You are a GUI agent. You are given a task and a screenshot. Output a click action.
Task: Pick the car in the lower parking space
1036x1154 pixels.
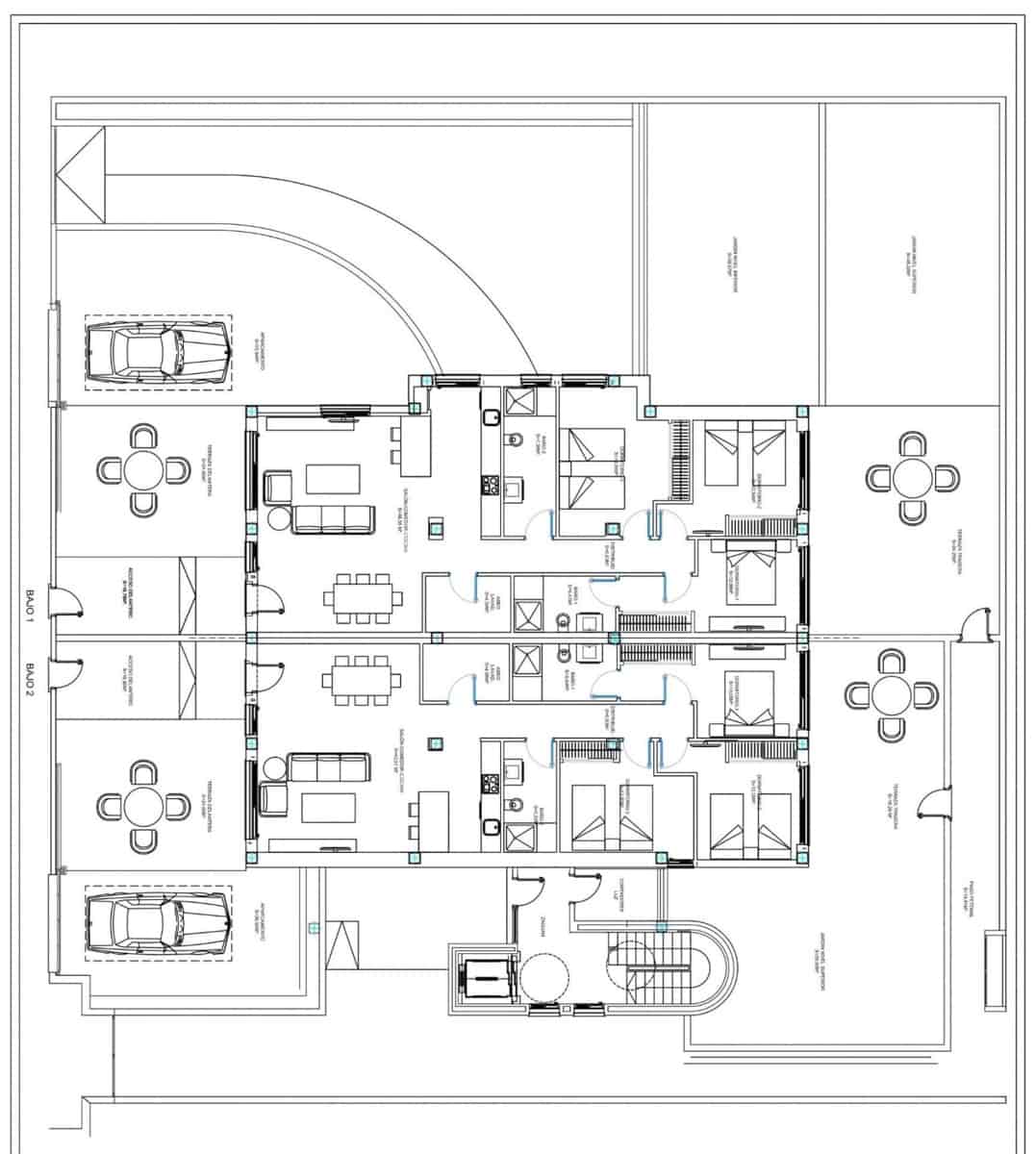tap(157, 924)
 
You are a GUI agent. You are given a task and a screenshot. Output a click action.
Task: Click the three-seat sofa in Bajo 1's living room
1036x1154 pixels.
tap(333, 517)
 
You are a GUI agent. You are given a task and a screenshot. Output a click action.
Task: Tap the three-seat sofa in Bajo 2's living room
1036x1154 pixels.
tap(330, 767)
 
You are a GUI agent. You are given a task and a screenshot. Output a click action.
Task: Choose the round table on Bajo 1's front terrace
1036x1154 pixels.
tap(143, 470)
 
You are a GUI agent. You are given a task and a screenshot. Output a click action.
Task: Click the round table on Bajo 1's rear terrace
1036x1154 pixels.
tap(912, 478)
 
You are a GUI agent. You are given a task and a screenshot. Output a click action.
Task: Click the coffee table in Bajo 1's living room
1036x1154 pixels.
tap(333, 479)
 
